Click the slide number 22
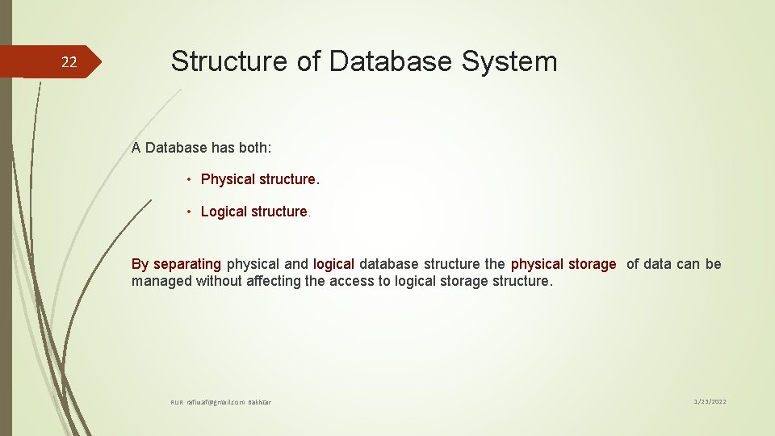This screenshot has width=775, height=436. (70, 62)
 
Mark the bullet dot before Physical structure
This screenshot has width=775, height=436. (188, 179)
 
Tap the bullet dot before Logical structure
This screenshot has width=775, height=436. (188, 212)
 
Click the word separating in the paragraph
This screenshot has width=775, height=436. (187, 264)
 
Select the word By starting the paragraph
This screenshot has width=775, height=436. (140, 264)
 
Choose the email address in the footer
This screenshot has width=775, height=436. (216, 402)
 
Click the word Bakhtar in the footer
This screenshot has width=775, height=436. (259, 402)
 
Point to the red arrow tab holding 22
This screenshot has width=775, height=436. (57, 62)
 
